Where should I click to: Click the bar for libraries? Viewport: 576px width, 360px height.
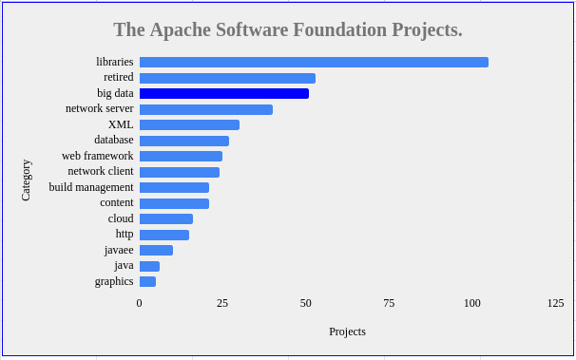tap(314, 63)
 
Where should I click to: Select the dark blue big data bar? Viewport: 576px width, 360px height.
tap(224, 94)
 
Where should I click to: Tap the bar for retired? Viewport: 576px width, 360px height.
tap(227, 78)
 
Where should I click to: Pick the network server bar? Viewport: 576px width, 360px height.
tap(206, 109)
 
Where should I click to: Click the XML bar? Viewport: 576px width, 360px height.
tap(189, 124)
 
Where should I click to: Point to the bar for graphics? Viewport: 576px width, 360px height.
tap(147, 281)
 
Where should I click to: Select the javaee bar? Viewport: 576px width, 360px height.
tap(156, 250)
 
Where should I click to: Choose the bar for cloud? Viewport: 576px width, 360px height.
tap(166, 218)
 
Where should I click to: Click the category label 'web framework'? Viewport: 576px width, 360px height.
tap(98, 156)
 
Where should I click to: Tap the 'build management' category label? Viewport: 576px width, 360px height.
tap(91, 187)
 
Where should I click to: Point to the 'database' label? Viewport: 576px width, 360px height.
tap(114, 141)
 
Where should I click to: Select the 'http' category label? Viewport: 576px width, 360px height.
tap(125, 234)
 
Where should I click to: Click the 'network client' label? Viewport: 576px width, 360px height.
tap(101, 172)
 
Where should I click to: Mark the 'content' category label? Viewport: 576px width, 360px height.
tap(117, 202)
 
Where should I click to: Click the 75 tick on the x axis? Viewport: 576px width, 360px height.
tap(389, 303)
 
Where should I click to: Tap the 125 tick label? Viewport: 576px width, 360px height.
tap(555, 303)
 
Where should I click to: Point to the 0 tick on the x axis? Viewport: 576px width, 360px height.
tap(140, 303)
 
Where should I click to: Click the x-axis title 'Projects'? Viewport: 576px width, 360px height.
tap(347, 332)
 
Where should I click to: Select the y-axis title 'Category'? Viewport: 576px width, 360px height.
tap(27, 180)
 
